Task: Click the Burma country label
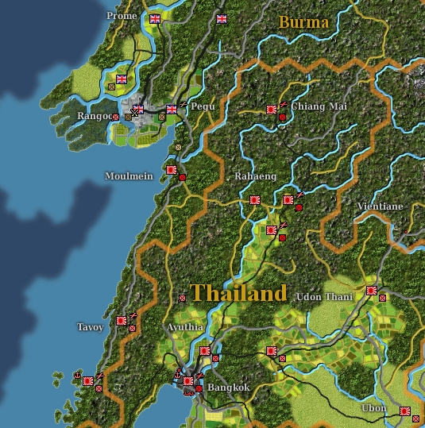pos(303,22)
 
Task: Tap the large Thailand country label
pos(238,292)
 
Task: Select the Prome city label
pos(122,16)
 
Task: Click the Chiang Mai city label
pos(314,106)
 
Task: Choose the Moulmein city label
pos(129,175)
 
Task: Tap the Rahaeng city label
pos(254,176)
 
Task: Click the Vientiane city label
pos(380,206)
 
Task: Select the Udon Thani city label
pos(324,297)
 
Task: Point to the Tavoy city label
pos(90,327)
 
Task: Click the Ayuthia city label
pos(185,327)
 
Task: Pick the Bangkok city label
pos(230,388)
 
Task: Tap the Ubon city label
pos(374,408)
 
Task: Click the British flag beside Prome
pos(155,18)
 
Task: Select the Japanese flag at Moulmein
pos(171,169)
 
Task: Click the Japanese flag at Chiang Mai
pos(272,109)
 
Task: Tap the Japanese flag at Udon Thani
pos(371,291)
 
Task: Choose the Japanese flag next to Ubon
pos(404,411)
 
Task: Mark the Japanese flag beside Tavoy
pos(121,321)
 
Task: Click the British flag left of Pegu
pos(172,110)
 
